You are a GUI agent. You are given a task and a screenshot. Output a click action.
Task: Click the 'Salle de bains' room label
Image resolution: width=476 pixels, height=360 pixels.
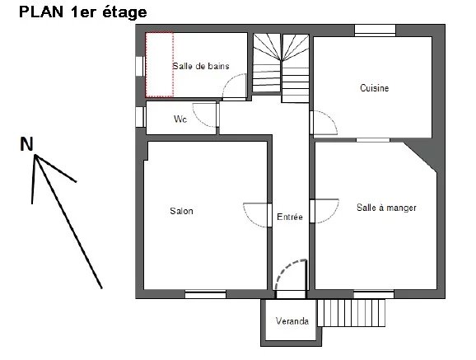[x=201, y=66]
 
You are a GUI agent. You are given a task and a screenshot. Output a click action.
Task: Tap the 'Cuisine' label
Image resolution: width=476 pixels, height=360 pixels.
[x=375, y=88]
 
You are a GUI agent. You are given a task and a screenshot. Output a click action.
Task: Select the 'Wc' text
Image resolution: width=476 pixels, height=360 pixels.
[x=180, y=119]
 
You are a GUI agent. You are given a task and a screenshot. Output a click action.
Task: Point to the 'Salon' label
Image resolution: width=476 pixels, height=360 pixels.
[x=181, y=211]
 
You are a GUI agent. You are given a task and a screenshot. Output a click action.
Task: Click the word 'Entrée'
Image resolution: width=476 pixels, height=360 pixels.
[x=290, y=217]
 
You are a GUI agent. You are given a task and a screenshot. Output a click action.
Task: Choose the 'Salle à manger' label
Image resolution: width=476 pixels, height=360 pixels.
[x=386, y=208]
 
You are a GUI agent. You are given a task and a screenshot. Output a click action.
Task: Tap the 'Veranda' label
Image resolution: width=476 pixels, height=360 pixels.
[x=292, y=320]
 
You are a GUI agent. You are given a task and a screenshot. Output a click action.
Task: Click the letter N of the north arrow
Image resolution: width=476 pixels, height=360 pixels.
[x=26, y=144]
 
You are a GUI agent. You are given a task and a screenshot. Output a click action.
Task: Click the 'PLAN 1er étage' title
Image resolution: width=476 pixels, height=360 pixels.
[x=83, y=12]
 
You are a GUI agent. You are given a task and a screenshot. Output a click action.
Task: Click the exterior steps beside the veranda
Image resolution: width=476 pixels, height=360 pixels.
[x=351, y=313]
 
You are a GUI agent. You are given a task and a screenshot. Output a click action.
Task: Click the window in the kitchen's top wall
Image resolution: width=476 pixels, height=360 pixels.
[x=376, y=30]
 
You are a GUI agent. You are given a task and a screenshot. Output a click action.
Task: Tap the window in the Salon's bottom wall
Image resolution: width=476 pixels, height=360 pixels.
[x=206, y=294]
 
